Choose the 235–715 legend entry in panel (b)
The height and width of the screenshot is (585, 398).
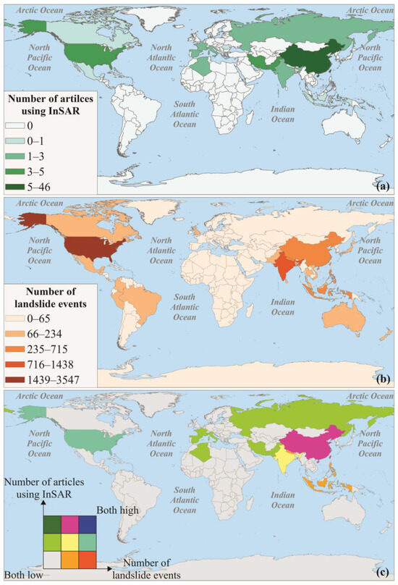click(22, 347)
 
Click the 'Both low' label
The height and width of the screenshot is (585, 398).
click(20, 576)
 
